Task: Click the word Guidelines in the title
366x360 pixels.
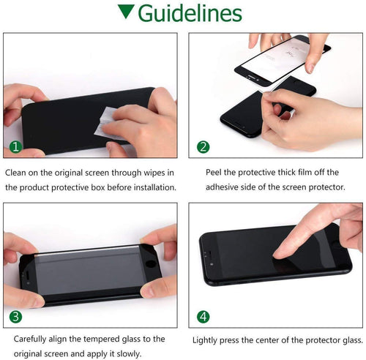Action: click(x=190, y=14)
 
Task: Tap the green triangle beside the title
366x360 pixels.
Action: click(x=126, y=12)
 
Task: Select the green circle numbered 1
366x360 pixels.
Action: click(x=15, y=147)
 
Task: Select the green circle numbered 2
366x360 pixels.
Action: click(x=203, y=147)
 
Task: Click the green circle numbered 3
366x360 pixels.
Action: click(x=15, y=318)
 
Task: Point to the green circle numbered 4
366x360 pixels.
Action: click(x=203, y=318)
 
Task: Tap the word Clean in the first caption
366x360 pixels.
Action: click(x=18, y=173)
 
